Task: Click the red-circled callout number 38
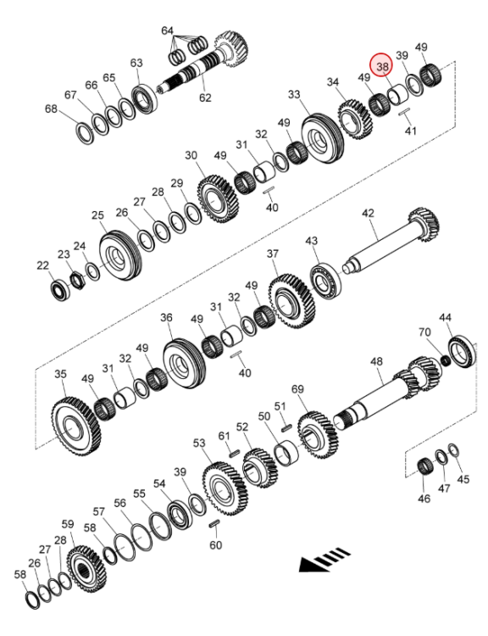pos(383,66)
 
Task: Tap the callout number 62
pos(205,98)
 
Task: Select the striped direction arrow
pos(324,560)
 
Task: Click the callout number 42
pos(368,213)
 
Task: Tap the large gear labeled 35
pos(76,427)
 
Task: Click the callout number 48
pos(376,361)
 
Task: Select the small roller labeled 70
pos(446,360)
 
